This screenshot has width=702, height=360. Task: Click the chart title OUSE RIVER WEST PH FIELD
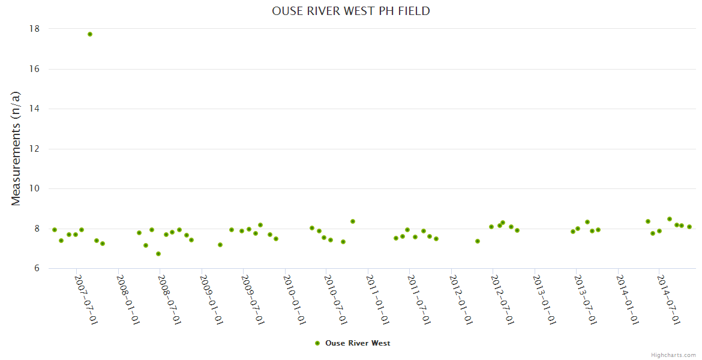click(351, 11)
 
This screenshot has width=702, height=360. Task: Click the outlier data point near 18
click(90, 34)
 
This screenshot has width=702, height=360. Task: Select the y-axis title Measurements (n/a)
click(16, 148)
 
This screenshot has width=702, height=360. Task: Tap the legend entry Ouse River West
click(358, 343)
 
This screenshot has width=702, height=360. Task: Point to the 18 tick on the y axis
click(34, 29)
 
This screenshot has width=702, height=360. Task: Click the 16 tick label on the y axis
click(34, 69)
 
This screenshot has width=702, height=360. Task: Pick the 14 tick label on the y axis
click(34, 109)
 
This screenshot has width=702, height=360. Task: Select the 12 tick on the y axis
click(34, 149)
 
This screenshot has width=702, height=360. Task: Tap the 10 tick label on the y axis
click(34, 188)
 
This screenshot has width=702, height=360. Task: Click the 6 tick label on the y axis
click(36, 268)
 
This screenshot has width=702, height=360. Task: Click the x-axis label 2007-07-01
click(86, 299)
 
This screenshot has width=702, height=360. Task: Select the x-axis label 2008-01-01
click(128, 299)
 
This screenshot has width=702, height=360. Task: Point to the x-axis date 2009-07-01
click(253, 299)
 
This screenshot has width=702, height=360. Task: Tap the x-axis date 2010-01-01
click(294, 299)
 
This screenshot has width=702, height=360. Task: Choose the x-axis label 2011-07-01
click(419, 299)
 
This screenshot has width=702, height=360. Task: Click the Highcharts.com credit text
click(673, 355)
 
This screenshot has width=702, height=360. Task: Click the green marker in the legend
click(317, 343)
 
